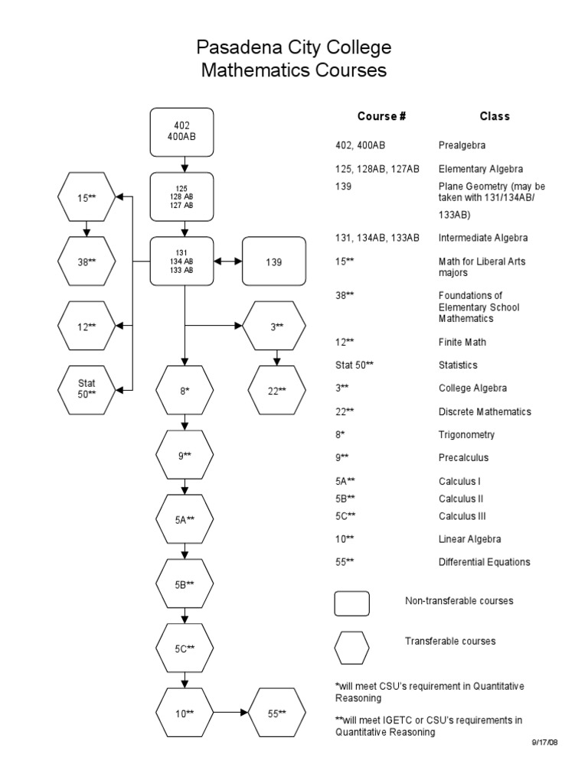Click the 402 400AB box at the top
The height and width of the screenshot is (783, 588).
tap(182, 131)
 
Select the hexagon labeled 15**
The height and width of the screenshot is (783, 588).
tap(87, 197)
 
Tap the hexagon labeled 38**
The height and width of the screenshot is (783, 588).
tap(87, 262)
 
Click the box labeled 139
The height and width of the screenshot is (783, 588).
tap(274, 262)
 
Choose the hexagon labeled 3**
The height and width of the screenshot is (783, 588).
tap(276, 326)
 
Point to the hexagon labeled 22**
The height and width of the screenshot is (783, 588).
tap(276, 390)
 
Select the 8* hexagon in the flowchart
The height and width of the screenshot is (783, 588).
tap(184, 390)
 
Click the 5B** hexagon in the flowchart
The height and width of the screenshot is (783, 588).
tap(184, 584)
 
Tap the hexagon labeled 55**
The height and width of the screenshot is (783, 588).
tap(276, 713)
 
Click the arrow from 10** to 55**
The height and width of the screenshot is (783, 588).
tap(230, 713)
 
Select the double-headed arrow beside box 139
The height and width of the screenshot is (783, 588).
tap(227, 262)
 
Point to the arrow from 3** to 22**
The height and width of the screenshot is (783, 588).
tap(276, 356)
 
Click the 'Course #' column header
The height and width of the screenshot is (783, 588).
tap(381, 117)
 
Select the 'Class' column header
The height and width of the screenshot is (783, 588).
tap(495, 117)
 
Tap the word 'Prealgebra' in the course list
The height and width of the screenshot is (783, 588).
tap(462, 145)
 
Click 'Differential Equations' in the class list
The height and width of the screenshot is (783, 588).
tap(484, 562)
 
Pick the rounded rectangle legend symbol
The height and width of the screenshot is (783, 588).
tap(352, 603)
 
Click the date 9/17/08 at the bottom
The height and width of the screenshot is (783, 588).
tap(545, 742)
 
